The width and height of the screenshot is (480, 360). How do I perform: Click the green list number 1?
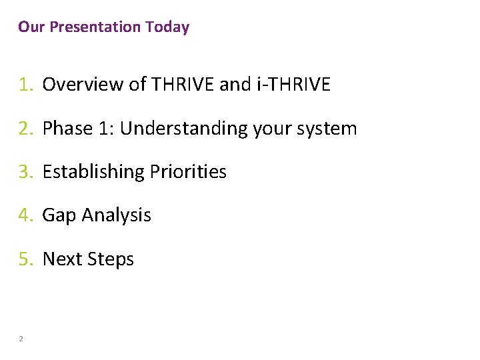tap(25, 85)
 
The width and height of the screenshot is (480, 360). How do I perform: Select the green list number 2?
tap(25, 128)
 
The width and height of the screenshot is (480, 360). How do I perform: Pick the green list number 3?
tap(25, 172)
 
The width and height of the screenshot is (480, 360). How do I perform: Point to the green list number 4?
tap(25, 215)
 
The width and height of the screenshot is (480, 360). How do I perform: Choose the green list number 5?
tap(25, 259)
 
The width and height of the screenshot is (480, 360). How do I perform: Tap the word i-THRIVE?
tap(293, 85)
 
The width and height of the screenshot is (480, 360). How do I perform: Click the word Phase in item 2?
tap(62, 128)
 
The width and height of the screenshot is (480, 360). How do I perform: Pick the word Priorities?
tap(189, 172)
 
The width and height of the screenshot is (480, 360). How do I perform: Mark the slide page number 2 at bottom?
tap(21, 339)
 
